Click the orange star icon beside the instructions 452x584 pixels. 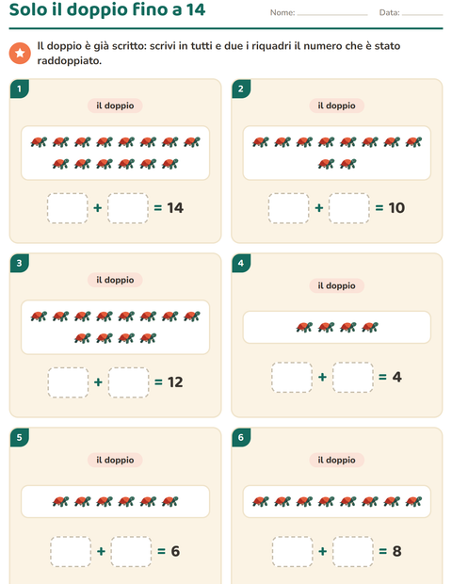tap(20, 54)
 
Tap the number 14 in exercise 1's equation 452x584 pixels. tap(175, 208)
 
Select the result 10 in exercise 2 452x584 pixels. tap(396, 208)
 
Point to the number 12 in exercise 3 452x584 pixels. tap(175, 382)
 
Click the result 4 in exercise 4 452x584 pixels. tap(396, 377)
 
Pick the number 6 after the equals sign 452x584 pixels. tap(175, 551)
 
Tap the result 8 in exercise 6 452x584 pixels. tap(396, 551)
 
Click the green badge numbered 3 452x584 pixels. tap(20, 263)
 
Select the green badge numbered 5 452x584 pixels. tap(20, 437)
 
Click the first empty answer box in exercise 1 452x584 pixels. tap(68, 208)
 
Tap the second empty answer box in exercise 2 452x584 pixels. tap(349, 208)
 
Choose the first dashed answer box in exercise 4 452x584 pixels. tap(292, 378)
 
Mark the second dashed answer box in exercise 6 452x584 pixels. tap(353, 552)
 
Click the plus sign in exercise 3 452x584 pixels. tap(98, 382)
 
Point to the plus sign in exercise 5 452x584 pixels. tap(102, 551)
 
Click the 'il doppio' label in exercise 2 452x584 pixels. tap(336, 105)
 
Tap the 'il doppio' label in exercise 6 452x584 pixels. tap(336, 460)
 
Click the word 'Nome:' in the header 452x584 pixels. tap(282, 12)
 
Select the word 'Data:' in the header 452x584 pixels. tap(390, 12)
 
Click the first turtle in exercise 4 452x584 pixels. tap(304, 328)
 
